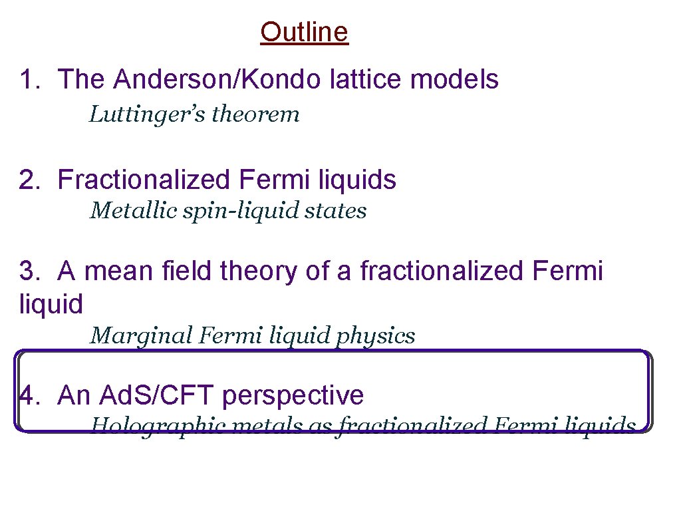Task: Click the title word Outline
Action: tap(304, 32)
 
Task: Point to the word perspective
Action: tap(293, 397)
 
